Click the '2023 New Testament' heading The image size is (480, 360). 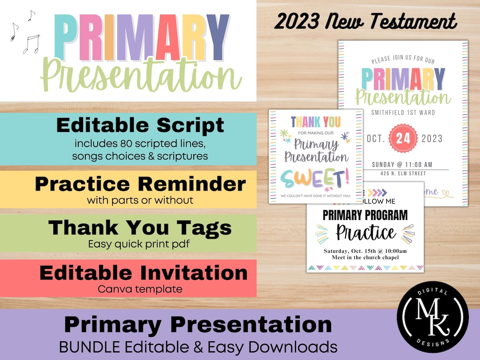coord(365,21)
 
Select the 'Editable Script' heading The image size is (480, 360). coord(140,126)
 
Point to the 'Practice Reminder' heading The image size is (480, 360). coord(140,184)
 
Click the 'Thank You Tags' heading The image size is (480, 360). coord(140,228)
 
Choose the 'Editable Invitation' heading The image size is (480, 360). coord(143,272)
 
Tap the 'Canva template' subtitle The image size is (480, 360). coord(140,289)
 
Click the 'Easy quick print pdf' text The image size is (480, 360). coord(140,244)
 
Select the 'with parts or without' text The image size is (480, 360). coord(140,200)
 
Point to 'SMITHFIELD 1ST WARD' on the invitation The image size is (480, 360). coord(403,112)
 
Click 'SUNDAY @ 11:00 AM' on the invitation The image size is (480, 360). coord(402,164)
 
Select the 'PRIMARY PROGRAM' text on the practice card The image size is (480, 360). coord(365,216)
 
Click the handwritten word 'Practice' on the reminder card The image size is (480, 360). coord(365,232)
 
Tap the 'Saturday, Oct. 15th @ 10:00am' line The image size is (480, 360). coord(365,251)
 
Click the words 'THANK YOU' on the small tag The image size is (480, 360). coord(316,121)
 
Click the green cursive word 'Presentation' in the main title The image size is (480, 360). coord(141,76)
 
